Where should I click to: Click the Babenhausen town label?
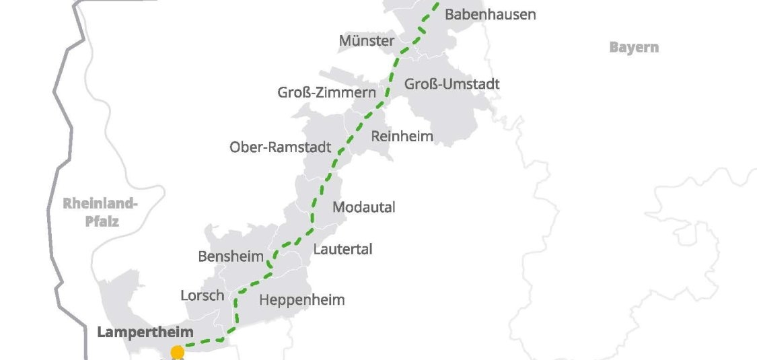pos(491,14)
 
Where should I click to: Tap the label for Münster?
pos(367,41)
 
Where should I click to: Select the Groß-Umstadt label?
pos(452,84)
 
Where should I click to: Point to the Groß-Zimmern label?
pos(326,92)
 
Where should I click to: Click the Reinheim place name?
pos(402,136)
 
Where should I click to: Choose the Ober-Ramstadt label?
pos(281,147)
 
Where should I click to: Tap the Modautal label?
pos(364,207)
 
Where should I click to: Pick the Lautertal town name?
pos(343,249)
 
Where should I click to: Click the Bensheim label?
pos(231,256)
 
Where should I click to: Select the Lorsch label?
pos(202,295)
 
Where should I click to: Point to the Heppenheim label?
pos(301,300)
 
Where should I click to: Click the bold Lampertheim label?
pos(145,332)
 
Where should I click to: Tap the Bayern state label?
pos(633,47)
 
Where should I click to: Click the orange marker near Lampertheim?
pos(178,353)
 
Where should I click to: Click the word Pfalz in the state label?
pos(102,221)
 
